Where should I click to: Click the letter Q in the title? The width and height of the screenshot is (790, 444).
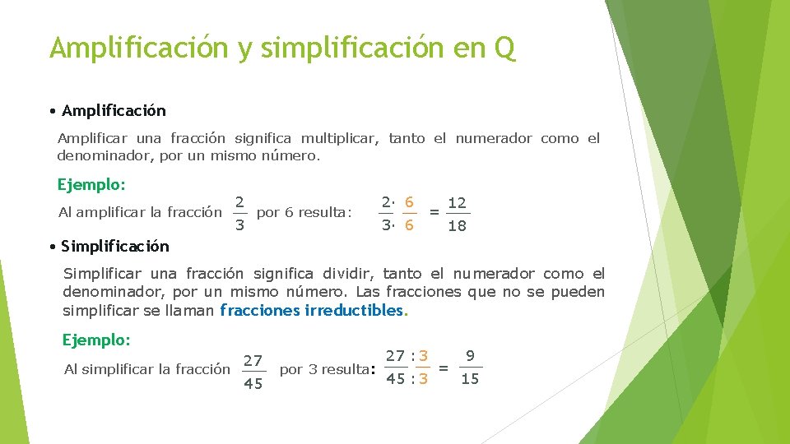[x=504, y=48]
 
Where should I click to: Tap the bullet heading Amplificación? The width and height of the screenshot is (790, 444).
[x=114, y=110]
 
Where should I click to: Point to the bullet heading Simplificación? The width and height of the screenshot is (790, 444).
[x=115, y=246]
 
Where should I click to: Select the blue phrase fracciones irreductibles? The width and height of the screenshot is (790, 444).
[x=313, y=311]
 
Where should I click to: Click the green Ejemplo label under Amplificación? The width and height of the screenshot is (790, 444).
[x=91, y=184]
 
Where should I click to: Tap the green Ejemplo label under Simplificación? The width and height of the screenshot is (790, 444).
[x=96, y=339]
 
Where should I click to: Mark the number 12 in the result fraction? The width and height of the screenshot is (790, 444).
[x=457, y=202]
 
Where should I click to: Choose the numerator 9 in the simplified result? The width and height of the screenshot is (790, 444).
[x=470, y=356]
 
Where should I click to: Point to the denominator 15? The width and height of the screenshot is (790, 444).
[x=469, y=379]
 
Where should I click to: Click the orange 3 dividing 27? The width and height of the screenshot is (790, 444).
[x=423, y=356]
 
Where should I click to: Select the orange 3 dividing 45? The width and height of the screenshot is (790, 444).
[x=423, y=379]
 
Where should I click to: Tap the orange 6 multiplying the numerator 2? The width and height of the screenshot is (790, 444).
[x=409, y=202]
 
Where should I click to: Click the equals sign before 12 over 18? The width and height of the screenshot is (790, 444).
[x=434, y=212]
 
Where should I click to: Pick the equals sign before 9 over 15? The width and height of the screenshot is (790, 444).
[x=444, y=368]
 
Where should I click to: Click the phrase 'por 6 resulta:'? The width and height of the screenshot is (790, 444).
[x=304, y=213]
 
